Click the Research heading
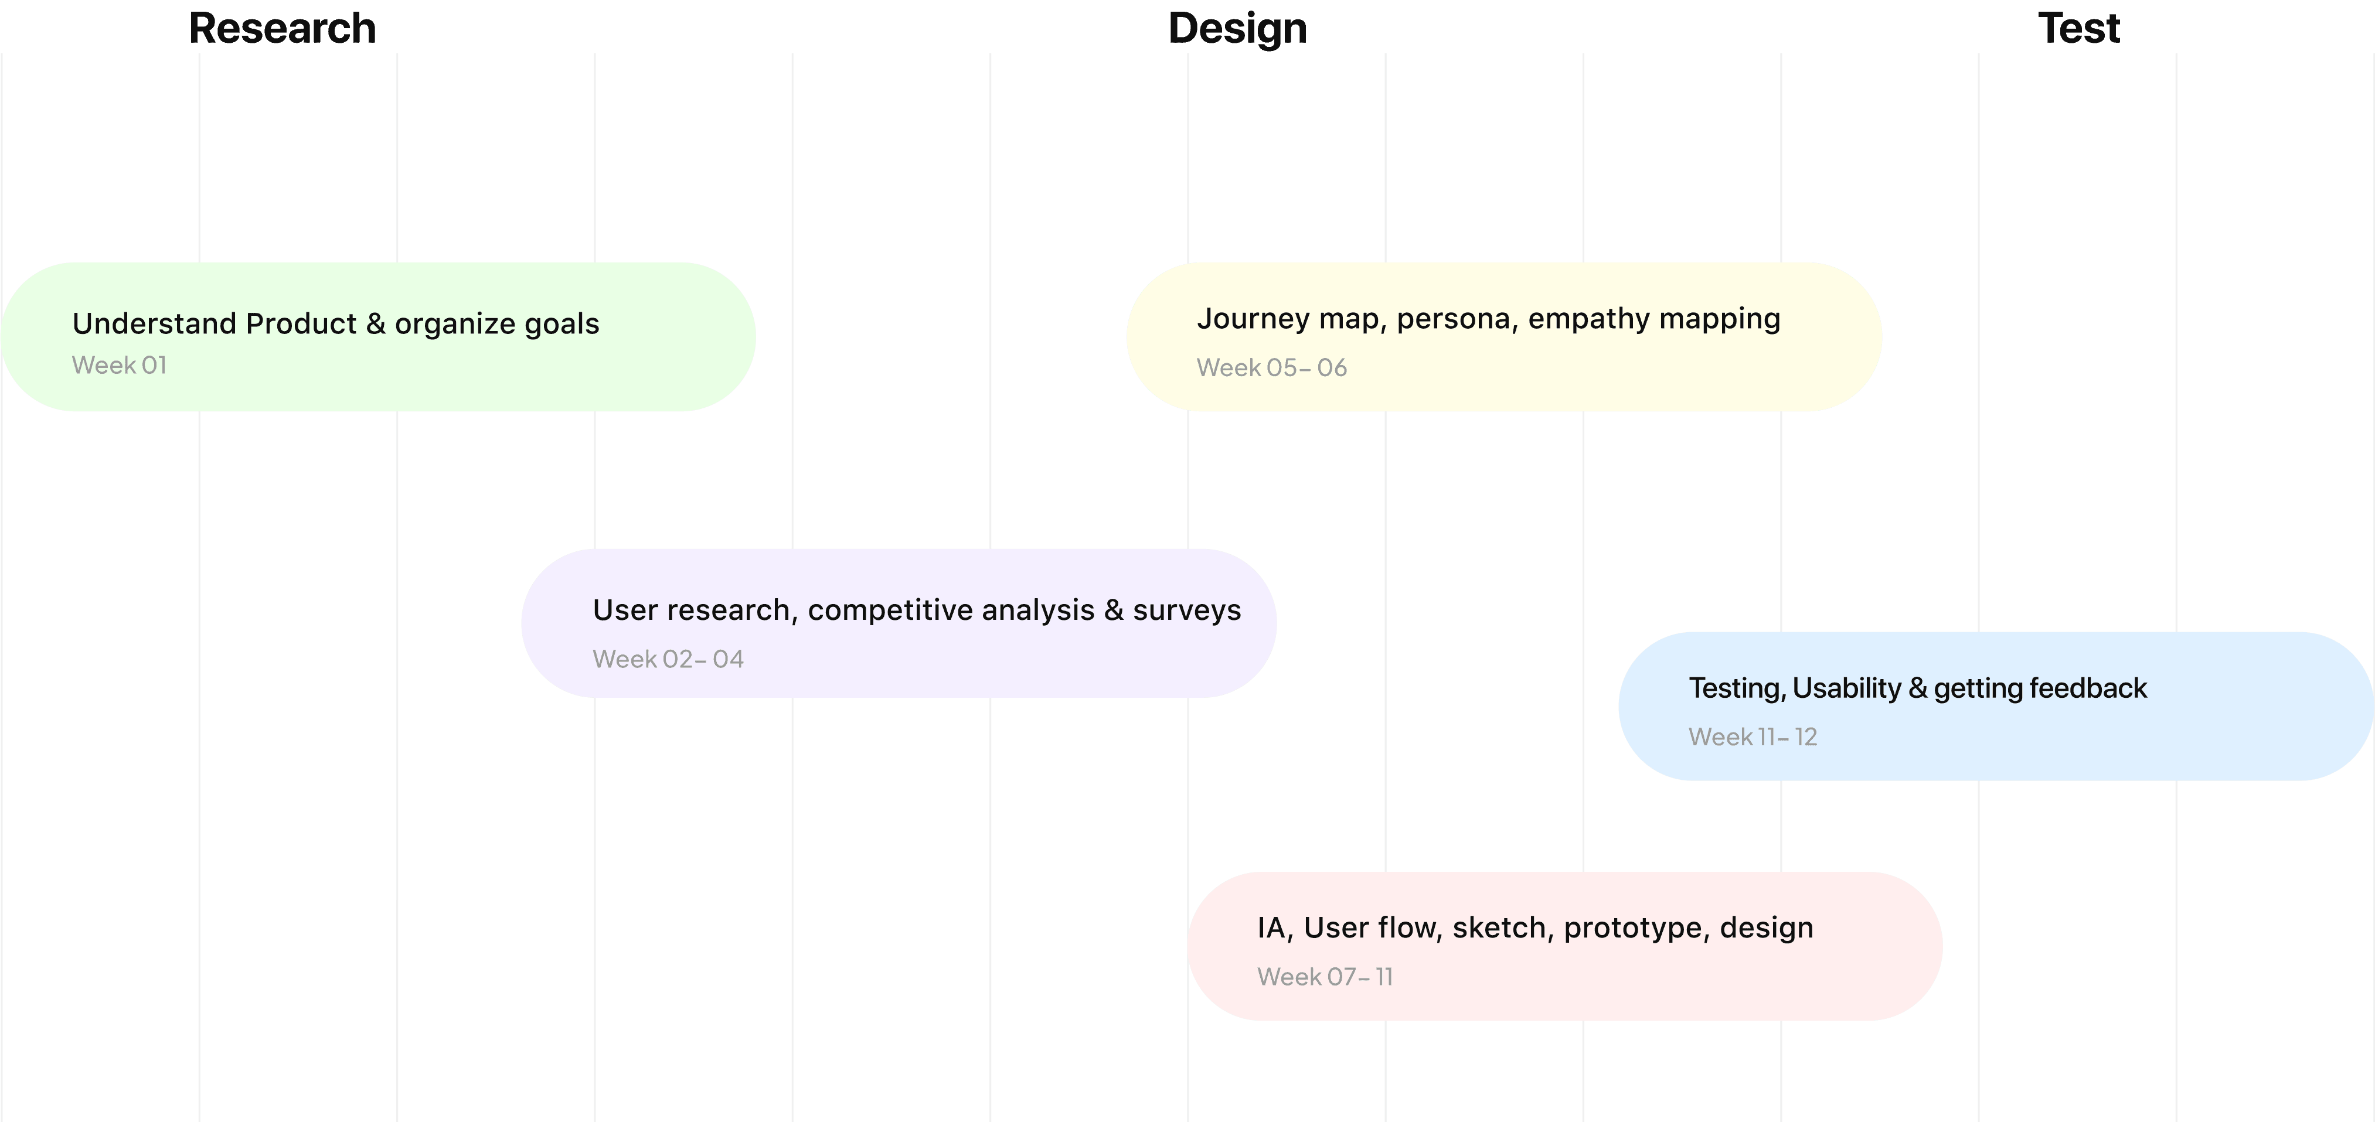click(x=282, y=29)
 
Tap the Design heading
click(x=1237, y=29)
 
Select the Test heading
click(x=2078, y=29)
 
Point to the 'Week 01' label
click(x=120, y=365)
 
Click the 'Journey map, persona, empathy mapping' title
click(x=1488, y=319)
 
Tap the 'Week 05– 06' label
click(x=1271, y=368)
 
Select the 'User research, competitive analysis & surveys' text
click(x=917, y=611)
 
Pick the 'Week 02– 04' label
click(x=668, y=659)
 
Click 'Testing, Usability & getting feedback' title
click(x=1918, y=688)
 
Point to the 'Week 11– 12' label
click(x=1753, y=736)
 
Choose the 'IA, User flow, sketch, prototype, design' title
click(x=1535, y=927)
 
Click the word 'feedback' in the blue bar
click(x=2087, y=688)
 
